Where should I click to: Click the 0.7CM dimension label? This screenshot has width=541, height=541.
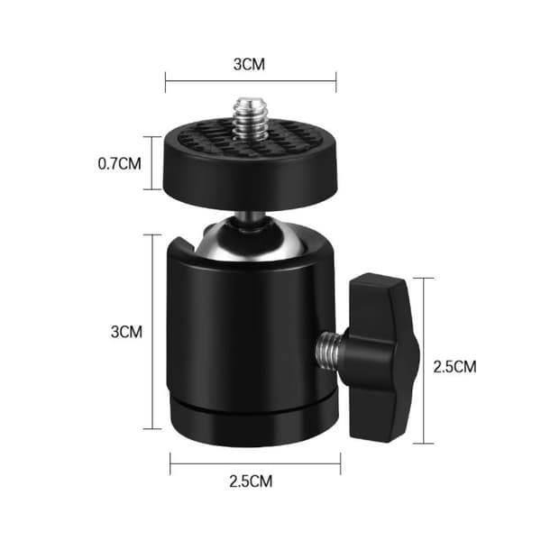pyautogui.click(x=119, y=163)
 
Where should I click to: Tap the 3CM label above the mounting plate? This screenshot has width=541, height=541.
pyautogui.click(x=249, y=65)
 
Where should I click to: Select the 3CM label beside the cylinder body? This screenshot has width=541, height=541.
pyautogui.click(x=126, y=332)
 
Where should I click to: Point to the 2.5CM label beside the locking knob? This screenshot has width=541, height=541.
pyautogui.click(x=454, y=367)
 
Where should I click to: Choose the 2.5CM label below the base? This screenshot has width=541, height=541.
pyautogui.click(x=251, y=481)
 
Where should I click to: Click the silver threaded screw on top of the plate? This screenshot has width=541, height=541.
pyautogui.click(x=250, y=119)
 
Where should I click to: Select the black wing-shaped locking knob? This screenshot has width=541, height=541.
pyautogui.click(x=383, y=357)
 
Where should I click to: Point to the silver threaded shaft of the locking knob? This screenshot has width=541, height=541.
pyautogui.click(x=328, y=352)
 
